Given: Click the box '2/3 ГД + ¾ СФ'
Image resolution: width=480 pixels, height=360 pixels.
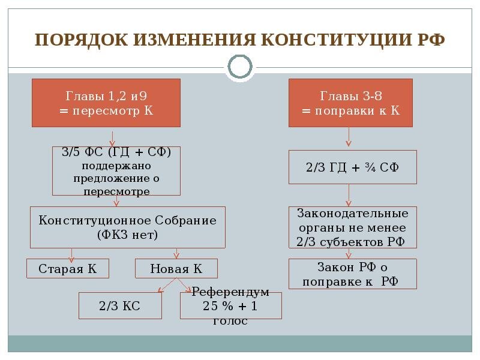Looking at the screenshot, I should tap(352, 167).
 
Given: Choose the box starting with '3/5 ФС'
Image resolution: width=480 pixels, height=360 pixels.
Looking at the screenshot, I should tap(116, 171).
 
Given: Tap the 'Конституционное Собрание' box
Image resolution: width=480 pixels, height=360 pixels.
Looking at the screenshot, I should tap(127, 227).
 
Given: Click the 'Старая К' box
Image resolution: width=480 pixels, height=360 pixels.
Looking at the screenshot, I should tap(68, 268).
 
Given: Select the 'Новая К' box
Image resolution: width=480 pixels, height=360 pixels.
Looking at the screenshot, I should tap(176, 268).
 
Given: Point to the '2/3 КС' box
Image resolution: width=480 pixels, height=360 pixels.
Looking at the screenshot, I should tap(120, 306).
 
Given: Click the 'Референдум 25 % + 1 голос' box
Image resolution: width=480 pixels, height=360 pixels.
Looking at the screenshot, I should tap(230, 306).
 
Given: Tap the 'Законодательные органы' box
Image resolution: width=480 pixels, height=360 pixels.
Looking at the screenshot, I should tap(352, 228).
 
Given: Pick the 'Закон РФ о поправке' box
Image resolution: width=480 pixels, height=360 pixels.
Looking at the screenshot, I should tap(352, 274).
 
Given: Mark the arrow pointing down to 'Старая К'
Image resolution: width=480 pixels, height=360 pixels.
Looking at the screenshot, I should tap(72, 254).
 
